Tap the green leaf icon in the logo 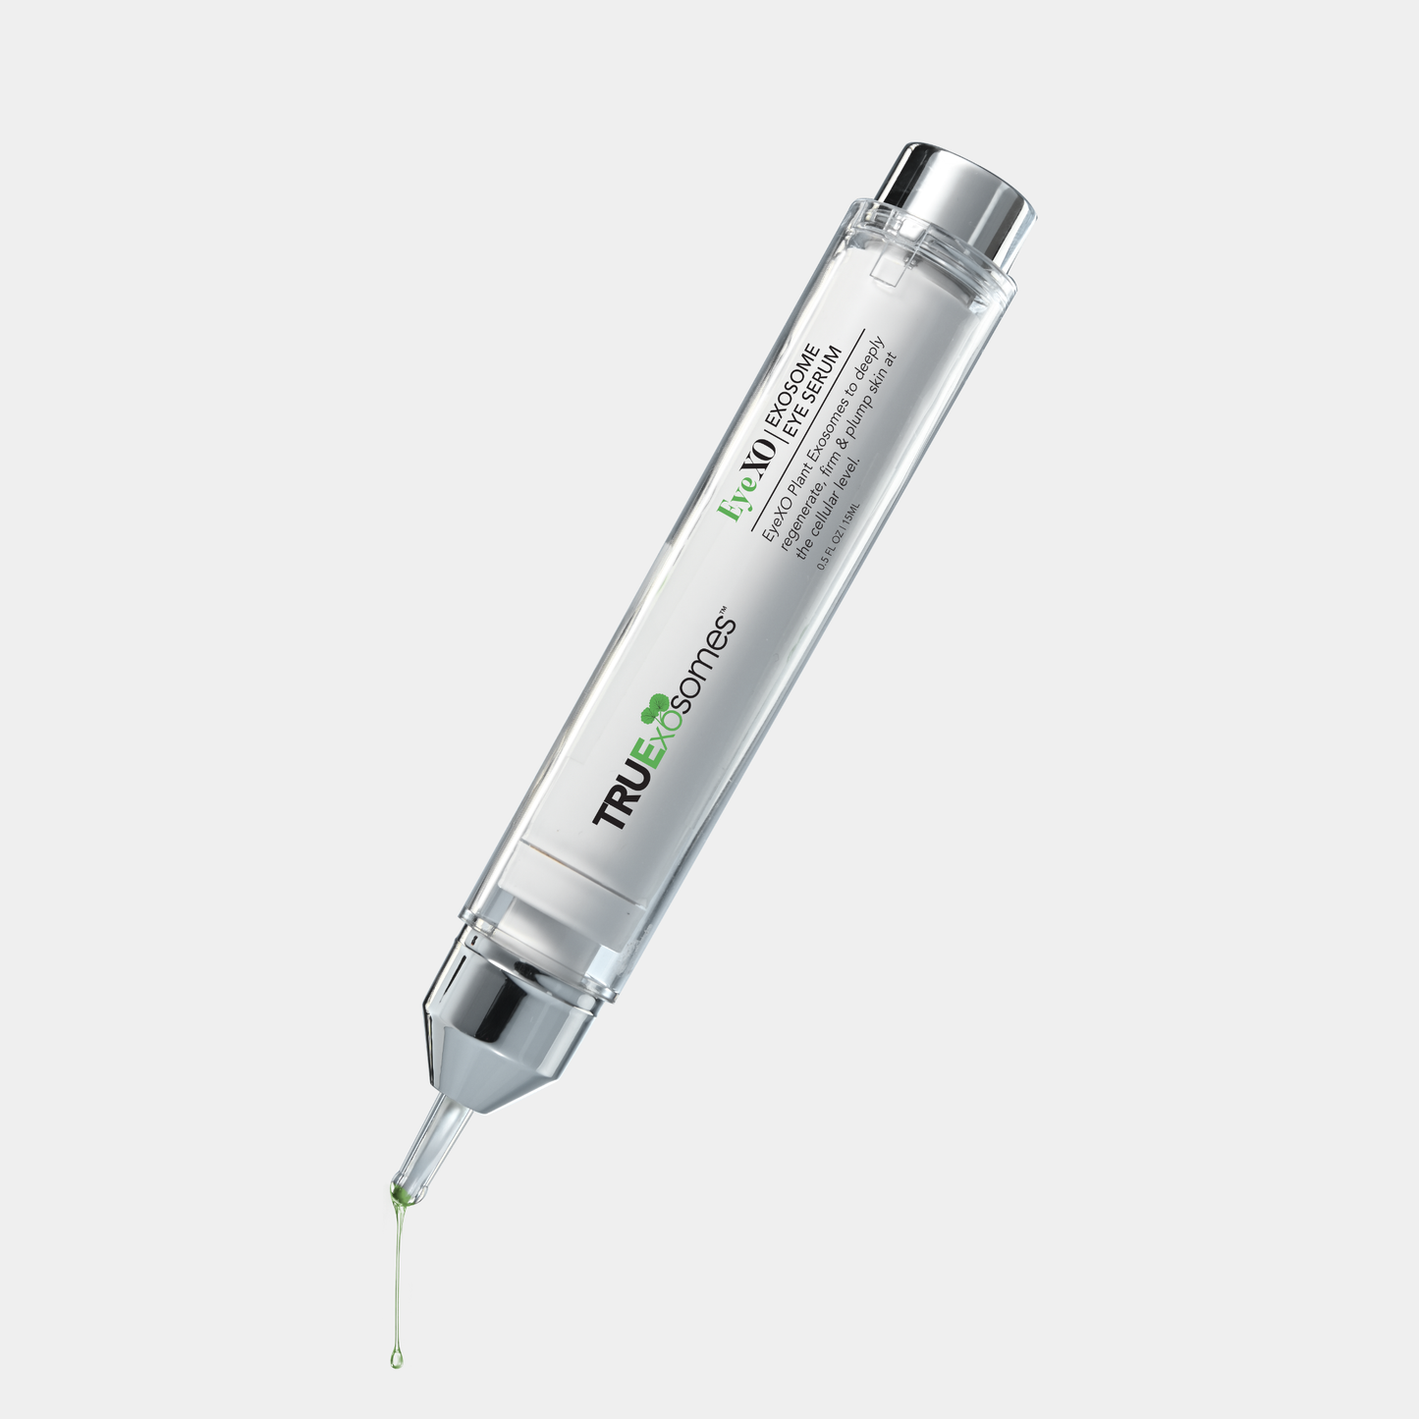tap(654, 705)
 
